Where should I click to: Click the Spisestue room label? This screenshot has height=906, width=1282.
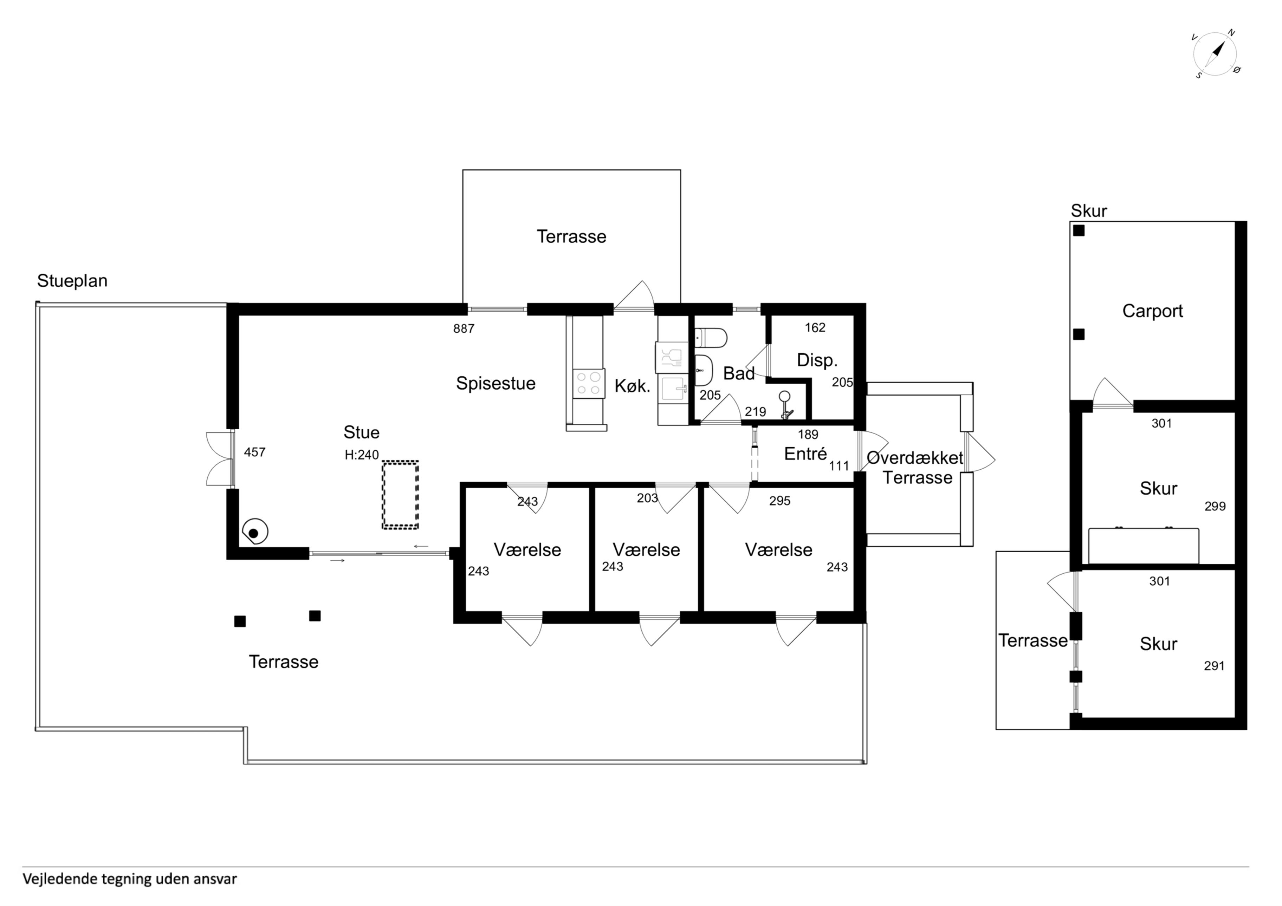tap(496, 384)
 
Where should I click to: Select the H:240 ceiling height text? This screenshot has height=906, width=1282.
tap(362, 455)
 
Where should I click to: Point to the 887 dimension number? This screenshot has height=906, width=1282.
tap(464, 329)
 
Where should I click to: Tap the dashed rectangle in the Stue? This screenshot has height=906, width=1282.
tap(400, 495)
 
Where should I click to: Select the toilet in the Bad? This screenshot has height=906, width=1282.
tap(710, 338)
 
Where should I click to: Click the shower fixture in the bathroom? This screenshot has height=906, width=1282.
tap(786, 405)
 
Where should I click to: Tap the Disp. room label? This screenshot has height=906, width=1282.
tap(817, 361)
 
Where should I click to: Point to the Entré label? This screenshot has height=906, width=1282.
tap(805, 454)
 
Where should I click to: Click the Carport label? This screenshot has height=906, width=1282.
tap(1152, 311)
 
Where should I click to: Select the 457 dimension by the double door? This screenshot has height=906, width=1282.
tap(255, 452)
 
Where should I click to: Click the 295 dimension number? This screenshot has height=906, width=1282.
tap(779, 501)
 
